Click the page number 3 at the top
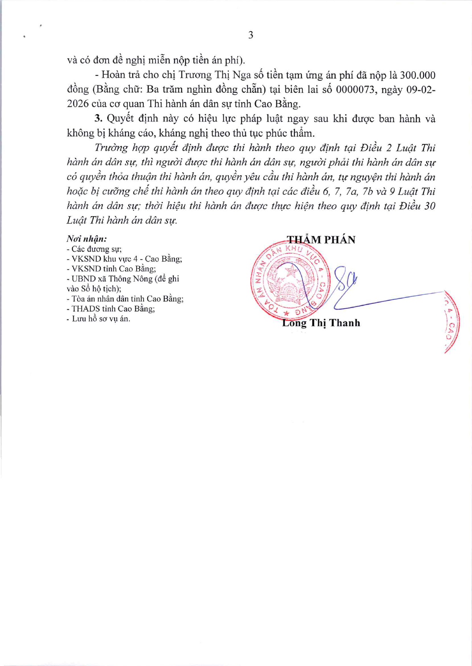pos(251,35)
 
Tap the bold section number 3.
pos(98,118)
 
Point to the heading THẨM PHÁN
pos(321,240)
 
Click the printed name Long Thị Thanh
pos(321,323)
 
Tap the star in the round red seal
pos(292,271)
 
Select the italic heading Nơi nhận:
pos(87,239)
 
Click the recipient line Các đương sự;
pos(95,249)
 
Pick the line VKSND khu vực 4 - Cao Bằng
pos(125,259)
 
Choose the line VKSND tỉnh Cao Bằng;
pos(112,269)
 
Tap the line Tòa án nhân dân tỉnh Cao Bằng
pos(126,299)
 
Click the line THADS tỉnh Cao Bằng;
pos(111,309)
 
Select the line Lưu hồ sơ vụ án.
pos(99,318)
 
